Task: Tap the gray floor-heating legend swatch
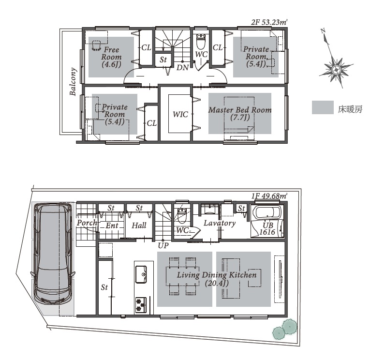click(x=323, y=107)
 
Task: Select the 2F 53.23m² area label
click(x=269, y=22)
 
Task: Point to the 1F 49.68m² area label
click(x=269, y=196)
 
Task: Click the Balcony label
click(x=73, y=82)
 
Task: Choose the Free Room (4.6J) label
click(x=111, y=57)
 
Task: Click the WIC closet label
click(x=180, y=115)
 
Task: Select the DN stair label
click(x=183, y=68)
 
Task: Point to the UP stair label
click(x=163, y=246)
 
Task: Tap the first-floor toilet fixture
click(x=182, y=216)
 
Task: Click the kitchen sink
click(x=141, y=274)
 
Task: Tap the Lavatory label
click(x=220, y=224)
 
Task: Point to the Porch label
click(x=87, y=223)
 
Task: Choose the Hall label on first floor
click(x=139, y=226)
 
